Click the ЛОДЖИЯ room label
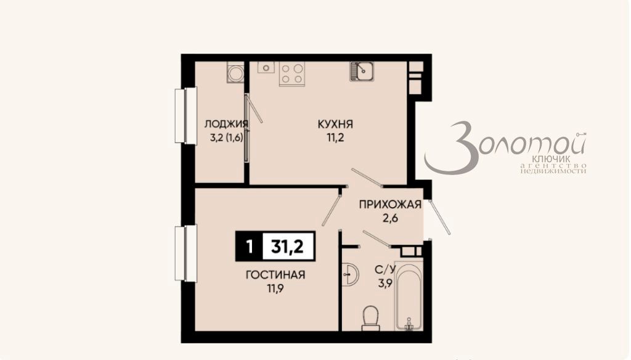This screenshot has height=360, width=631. (x=227, y=124)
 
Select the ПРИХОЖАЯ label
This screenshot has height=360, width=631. (x=389, y=205)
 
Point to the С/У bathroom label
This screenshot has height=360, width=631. (x=385, y=269)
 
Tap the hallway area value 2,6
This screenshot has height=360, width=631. (x=389, y=218)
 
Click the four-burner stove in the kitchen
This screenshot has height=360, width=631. (x=291, y=73)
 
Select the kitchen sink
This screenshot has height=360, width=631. (x=363, y=71)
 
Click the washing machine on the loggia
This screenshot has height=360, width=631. (x=234, y=72)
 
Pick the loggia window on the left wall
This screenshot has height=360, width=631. (x=181, y=117)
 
